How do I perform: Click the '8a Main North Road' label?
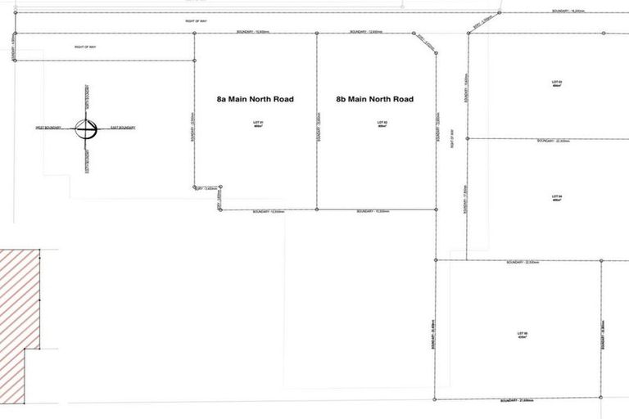(255, 99)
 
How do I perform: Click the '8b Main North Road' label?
(374, 99)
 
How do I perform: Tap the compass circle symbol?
(86, 128)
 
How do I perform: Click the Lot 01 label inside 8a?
(255, 124)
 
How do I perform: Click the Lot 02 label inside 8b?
(382, 124)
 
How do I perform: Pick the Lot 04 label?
(557, 199)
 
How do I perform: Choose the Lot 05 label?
(522, 336)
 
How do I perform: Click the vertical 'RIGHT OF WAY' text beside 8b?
(452, 147)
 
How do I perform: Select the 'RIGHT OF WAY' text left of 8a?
(86, 47)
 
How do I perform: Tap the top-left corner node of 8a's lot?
(194, 34)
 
